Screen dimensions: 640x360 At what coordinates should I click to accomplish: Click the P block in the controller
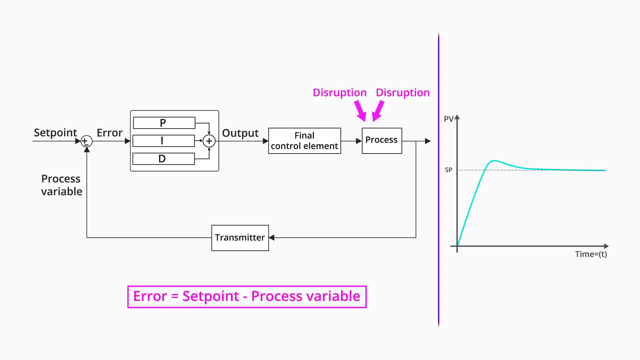164,123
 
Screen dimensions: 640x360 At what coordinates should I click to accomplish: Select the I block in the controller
163,141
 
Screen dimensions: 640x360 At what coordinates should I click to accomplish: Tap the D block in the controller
163,159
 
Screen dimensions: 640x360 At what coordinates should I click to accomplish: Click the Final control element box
304,141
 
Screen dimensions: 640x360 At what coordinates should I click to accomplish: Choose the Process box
382,141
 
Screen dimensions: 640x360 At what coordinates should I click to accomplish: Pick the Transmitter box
240,238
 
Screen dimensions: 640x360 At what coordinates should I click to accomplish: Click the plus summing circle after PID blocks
209,141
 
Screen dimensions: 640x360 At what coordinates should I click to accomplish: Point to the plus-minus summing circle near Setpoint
86,141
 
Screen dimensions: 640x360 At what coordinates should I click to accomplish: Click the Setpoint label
55,133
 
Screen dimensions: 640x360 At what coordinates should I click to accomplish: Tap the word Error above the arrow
110,133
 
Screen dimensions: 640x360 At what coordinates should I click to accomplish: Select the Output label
240,133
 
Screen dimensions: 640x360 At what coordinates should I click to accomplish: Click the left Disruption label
340,92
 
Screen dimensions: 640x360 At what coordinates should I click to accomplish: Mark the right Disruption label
403,92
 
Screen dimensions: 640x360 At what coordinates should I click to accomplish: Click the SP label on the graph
449,170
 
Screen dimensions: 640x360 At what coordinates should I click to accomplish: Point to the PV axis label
449,119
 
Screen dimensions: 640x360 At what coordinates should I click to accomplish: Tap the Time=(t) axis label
591,254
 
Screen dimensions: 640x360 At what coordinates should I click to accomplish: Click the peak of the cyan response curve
494,161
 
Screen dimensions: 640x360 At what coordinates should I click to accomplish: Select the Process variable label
62,185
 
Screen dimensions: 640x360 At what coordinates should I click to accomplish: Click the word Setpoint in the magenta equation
211,296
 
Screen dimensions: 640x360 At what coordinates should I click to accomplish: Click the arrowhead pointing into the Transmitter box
272,238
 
